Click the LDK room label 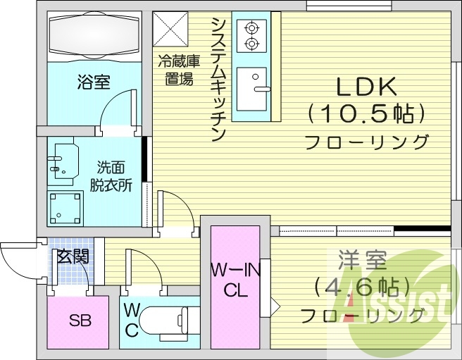[366, 86]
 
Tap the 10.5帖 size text [366, 113]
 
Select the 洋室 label [362, 260]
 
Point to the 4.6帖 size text [362, 287]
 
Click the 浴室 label [93, 82]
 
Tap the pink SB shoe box [78, 322]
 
